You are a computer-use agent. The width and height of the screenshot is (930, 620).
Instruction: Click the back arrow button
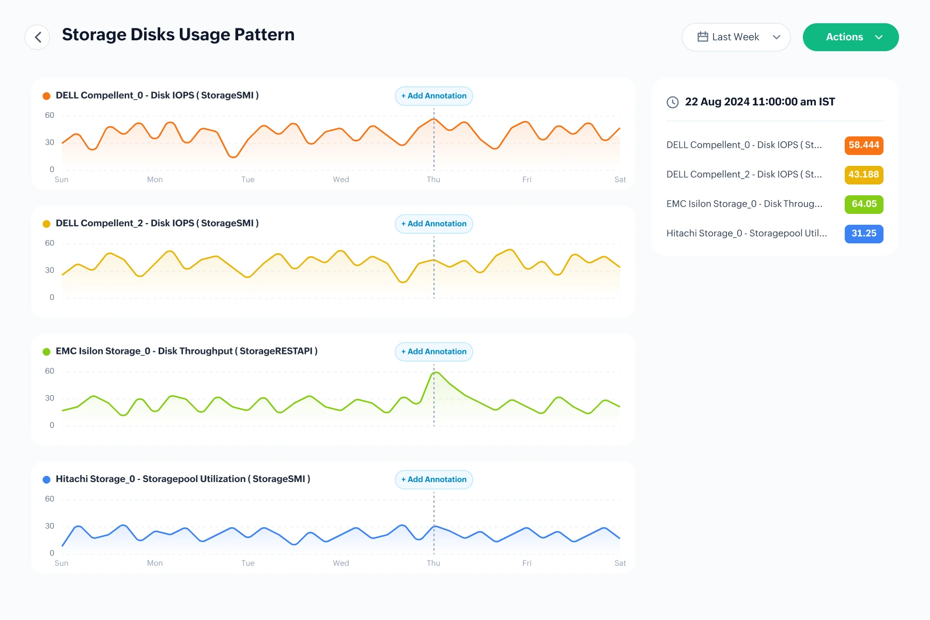point(37,37)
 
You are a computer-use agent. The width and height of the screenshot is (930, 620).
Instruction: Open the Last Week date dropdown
point(736,37)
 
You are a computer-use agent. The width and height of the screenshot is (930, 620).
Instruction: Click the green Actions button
point(850,37)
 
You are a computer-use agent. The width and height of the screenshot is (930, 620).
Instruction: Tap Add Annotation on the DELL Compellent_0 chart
point(434,96)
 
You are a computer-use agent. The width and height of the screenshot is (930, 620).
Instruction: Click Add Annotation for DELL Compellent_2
point(434,224)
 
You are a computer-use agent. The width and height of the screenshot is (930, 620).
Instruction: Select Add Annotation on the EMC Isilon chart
point(434,352)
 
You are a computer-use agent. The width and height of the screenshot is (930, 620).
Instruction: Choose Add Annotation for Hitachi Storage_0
point(434,479)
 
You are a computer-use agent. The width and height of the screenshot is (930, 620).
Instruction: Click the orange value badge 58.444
point(864,145)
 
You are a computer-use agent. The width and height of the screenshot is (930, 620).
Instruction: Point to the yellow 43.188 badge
point(864,175)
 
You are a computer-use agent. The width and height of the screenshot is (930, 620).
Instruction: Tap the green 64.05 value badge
point(864,204)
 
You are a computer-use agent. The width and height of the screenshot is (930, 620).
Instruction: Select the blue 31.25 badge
point(864,234)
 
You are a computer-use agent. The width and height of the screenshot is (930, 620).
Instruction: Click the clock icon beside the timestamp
point(673,102)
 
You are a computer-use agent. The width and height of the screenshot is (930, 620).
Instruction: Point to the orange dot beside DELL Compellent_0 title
point(47,96)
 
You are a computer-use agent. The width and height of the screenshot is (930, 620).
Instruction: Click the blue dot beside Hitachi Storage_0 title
point(47,479)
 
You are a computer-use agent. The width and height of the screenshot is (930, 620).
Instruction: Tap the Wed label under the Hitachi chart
point(341,563)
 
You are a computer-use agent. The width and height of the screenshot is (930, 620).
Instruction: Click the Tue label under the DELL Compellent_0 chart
point(248,179)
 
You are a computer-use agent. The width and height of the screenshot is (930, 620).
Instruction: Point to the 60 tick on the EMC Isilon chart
point(50,371)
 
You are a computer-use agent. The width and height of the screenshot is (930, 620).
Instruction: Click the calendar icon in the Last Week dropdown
point(703,37)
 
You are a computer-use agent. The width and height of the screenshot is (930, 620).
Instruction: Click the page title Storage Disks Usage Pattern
point(178,35)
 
